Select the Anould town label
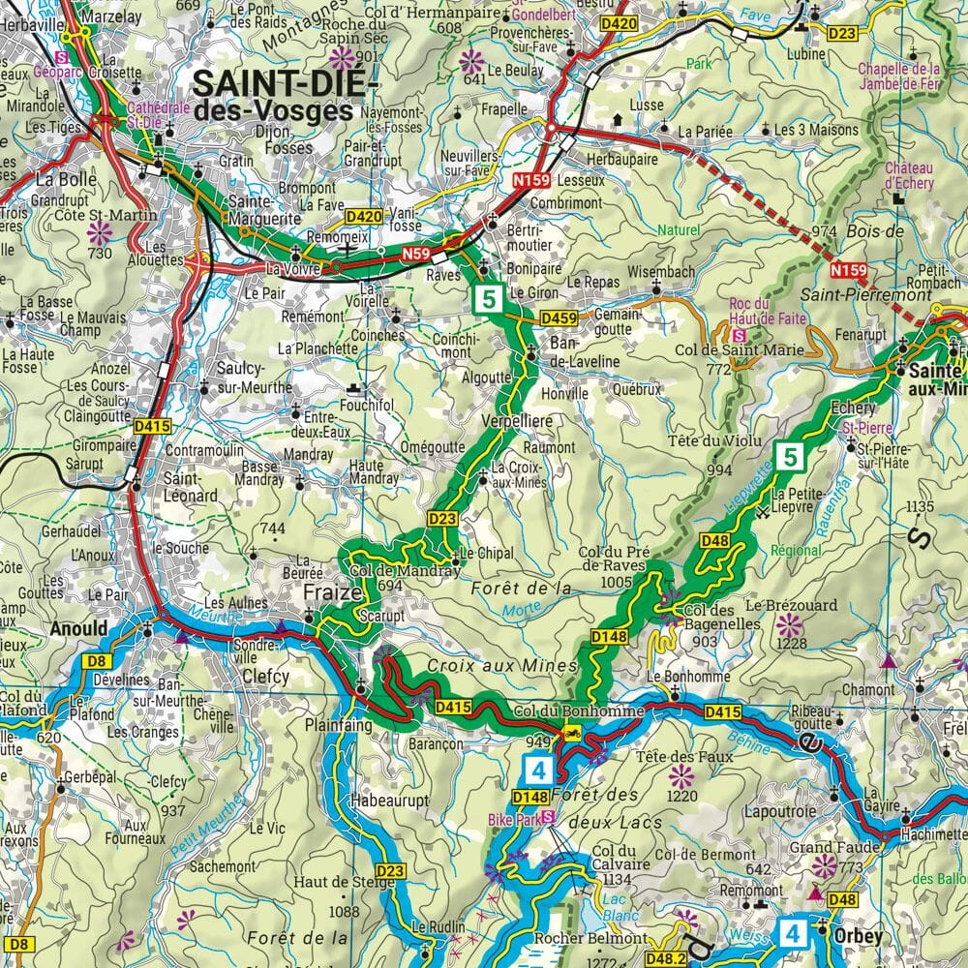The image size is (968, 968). [79, 628]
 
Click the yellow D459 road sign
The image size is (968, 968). [559, 317]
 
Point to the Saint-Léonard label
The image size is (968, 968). [191, 486]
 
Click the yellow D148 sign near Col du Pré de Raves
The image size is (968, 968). [609, 636]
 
